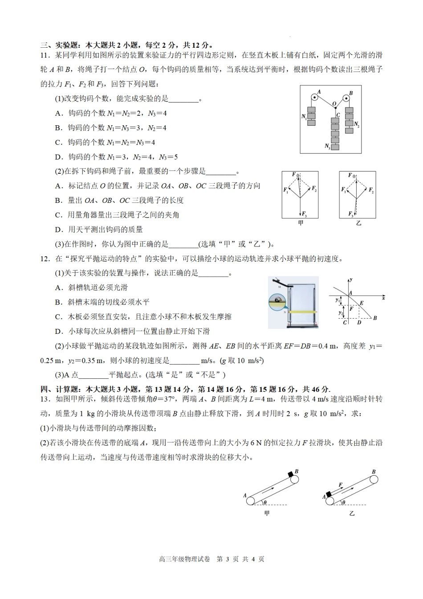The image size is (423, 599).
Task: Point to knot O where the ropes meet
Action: tap(334, 104)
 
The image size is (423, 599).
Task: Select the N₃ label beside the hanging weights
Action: tap(328, 146)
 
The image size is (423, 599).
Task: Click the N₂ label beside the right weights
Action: tap(356, 124)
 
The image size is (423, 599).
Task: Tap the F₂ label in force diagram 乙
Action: tap(371, 190)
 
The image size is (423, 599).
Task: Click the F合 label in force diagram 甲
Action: tap(296, 175)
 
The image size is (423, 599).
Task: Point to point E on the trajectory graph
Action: tap(361, 303)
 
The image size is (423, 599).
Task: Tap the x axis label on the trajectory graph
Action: tap(383, 298)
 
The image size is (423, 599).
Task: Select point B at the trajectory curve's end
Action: tap(375, 318)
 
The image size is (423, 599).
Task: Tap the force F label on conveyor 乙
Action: tap(340, 484)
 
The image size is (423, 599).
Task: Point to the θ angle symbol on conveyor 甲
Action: tap(265, 502)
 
